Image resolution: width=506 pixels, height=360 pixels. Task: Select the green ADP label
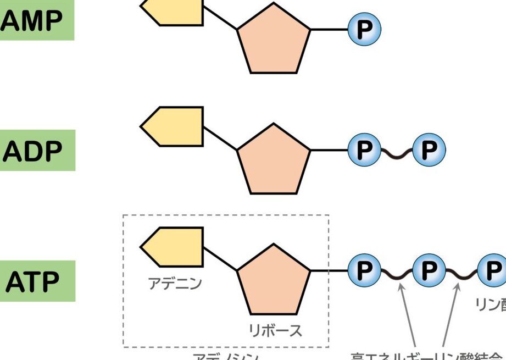(x=37, y=150)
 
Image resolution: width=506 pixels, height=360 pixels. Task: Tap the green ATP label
(x=37, y=282)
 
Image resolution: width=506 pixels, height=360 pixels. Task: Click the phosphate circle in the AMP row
(x=364, y=29)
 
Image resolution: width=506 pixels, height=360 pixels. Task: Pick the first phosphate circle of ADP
(x=364, y=149)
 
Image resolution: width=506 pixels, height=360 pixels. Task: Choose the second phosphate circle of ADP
(x=429, y=149)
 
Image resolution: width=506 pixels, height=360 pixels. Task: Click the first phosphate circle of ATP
(x=364, y=270)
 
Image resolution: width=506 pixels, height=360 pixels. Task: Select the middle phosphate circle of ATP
(x=429, y=270)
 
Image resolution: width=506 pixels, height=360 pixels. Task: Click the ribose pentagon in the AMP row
(x=274, y=40)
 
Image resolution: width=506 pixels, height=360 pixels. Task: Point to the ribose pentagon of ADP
(x=274, y=160)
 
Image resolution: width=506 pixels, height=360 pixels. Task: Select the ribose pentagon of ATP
(x=274, y=281)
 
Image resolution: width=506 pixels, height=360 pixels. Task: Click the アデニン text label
(x=175, y=284)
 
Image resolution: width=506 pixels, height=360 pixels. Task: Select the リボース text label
(x=275, y=331)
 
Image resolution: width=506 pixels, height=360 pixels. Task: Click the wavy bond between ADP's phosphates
(x=396, y=151)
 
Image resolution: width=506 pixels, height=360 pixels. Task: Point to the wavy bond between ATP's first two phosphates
(x=396, y=272)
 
